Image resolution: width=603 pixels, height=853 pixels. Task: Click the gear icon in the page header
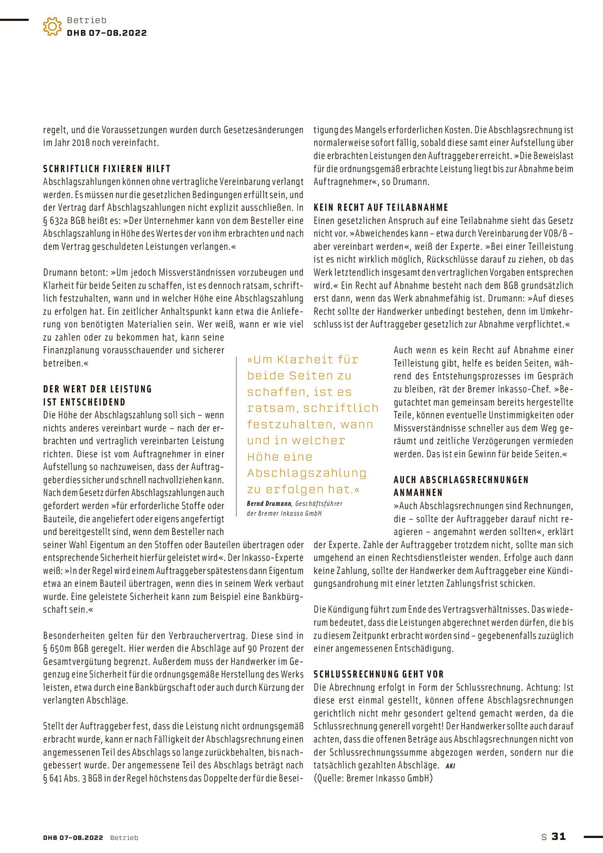pyautogui.click(x=52, y=27)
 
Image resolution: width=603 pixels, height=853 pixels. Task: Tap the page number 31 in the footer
pyautogui.click(x=558, y=836)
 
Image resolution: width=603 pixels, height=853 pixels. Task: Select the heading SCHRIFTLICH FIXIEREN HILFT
pyautogui.click(x=107, y=169)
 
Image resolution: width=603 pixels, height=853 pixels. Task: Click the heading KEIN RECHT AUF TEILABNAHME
pyautogui.click(x=381, y=208)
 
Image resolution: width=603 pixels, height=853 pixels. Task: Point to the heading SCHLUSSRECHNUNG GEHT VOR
pyautogui.click(x=378, y=674)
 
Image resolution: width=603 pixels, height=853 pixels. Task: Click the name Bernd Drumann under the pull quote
pyautogui.click(x=269, y=504)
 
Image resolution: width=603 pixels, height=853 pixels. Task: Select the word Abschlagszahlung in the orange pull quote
pyautogui.click(x=307, y=473)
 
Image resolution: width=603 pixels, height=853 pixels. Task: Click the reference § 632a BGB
pyautogui.click(x=64, y=221)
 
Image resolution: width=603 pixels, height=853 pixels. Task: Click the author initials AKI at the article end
pyautogui.click(x=450, y=766)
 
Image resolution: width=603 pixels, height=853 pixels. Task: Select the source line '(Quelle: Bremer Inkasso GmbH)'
pyautogui.click(x=373, y=778)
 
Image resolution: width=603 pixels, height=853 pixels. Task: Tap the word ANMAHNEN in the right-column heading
pyautogui.click(x=418, y=493)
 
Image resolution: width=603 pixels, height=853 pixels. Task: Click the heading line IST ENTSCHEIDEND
pyautogui.click(x=84, y=402)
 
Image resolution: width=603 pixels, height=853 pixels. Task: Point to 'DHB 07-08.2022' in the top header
pyautogui.click(x=106, y=33)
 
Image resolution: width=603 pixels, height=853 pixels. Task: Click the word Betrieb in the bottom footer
pyautogui.click(x=124, y=838)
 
